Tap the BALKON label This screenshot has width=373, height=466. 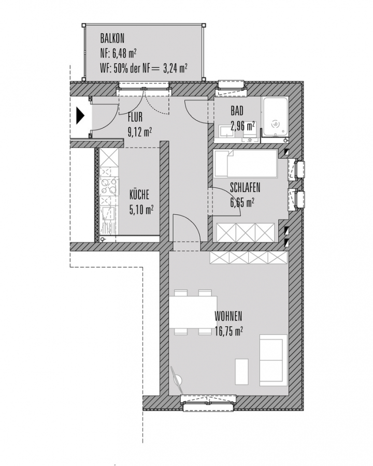tap(112, 38)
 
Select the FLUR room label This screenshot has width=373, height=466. tap(135, 117)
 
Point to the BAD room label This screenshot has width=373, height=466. tap(237, 111)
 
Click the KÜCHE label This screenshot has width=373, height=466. tap(139, 195)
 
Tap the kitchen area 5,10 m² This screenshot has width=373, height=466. tap(141, 210)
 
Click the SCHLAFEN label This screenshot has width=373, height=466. tap(245, 187)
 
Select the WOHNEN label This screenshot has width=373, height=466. tap(228, 316)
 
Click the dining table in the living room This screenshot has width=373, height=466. tap(193, 312)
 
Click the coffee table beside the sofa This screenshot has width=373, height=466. tap(241, 371)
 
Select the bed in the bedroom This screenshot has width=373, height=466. tap(246, 164)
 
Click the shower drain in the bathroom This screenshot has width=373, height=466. tap(276, 124)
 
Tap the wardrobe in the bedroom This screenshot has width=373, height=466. tap(246, 232)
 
